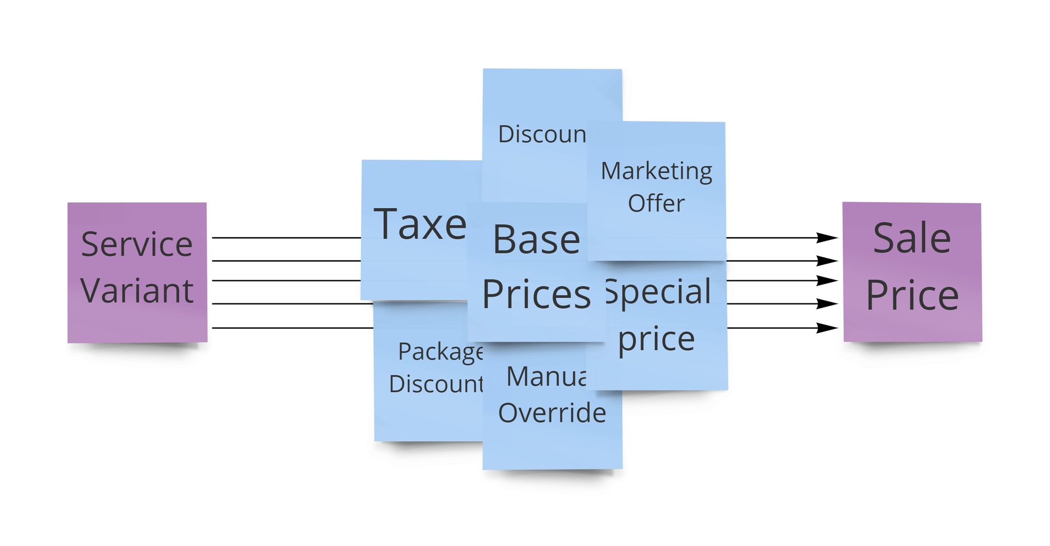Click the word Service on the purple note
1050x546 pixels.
[136, 244]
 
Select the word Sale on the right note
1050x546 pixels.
[912, 238]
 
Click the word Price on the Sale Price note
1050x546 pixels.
[912, 295]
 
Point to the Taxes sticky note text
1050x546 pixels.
[419, 225]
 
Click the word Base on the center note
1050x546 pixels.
[536, 240]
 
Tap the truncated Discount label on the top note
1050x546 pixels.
[542, 134]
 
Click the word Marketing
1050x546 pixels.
[656, 172]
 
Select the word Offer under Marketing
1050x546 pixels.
[656, 203]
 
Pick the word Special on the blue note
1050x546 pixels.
[659, 292]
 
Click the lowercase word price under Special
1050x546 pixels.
[656, 339]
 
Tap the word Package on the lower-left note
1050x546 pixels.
[440, 352]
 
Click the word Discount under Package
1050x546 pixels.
[436, 384]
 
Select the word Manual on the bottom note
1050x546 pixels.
[546, 376]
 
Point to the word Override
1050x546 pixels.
[552, 413]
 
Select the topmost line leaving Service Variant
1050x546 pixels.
[286, 238]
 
